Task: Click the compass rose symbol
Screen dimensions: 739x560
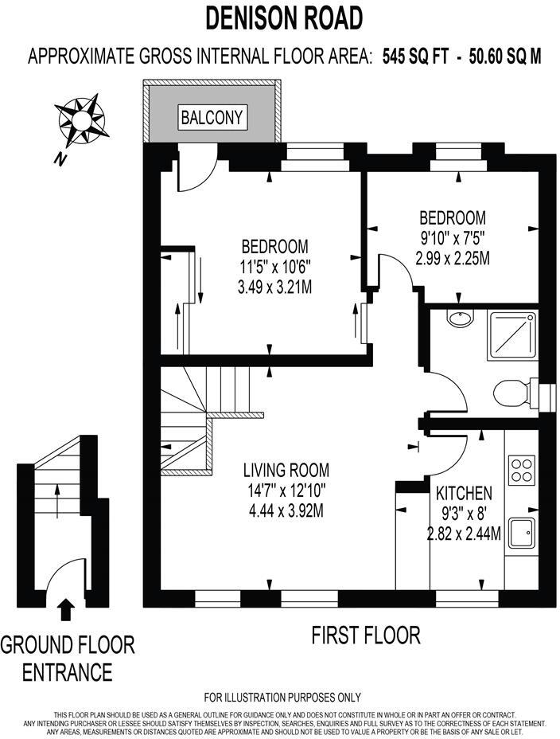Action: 83,119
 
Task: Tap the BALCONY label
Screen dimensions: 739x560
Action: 212,117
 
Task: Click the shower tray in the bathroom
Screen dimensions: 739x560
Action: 513,334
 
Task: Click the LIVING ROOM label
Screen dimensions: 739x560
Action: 286,470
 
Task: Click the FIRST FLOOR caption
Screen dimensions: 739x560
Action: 365,635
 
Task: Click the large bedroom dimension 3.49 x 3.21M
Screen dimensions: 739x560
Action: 274,286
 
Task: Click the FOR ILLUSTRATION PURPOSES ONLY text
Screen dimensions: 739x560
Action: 282,698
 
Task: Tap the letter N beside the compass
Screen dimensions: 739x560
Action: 59,159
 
